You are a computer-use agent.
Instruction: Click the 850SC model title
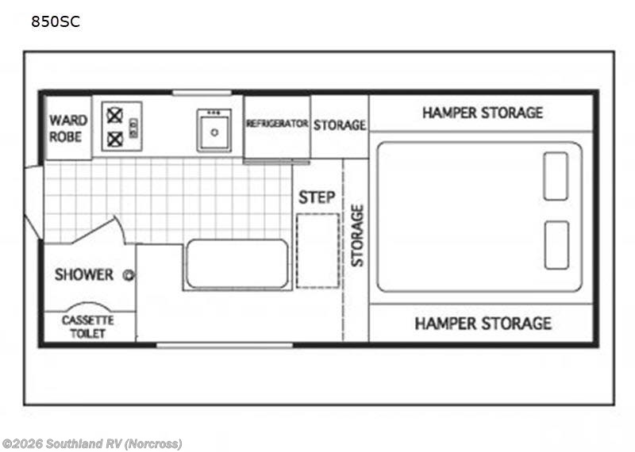(56, 21)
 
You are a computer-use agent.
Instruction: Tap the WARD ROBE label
(68, 128)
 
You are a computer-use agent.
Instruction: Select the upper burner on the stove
(114, 116)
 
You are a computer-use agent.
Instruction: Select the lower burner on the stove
(114, 140)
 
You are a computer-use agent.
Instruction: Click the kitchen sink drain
(214, 132)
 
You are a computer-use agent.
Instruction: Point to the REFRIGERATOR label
(277, 123)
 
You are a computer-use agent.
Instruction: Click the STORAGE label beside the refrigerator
(340, 125)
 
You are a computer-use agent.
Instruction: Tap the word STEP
(317, 197)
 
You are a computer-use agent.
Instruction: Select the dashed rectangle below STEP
(318, 251)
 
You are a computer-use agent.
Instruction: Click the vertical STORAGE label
(357, 236)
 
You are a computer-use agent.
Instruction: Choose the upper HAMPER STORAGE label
(483, 113)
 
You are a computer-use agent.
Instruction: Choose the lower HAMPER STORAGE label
(483, 324)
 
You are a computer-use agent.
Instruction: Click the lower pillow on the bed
(556, 245)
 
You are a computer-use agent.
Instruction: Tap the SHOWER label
(84, 274)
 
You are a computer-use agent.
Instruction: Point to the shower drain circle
(129, 275)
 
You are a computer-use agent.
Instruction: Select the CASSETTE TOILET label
(87, 327)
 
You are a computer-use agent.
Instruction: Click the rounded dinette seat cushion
(237, 264)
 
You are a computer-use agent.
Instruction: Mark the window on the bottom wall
(225, 345)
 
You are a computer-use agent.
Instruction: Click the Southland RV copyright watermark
(92, 444)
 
